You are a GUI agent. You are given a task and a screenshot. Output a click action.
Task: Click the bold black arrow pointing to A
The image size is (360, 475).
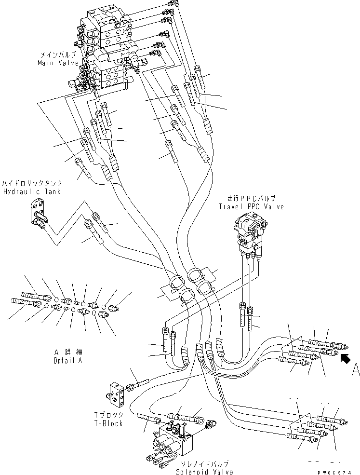345,358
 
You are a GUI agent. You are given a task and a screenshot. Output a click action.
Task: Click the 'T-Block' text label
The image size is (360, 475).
109,423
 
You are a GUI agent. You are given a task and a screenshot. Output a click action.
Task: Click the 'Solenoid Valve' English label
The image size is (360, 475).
204,472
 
